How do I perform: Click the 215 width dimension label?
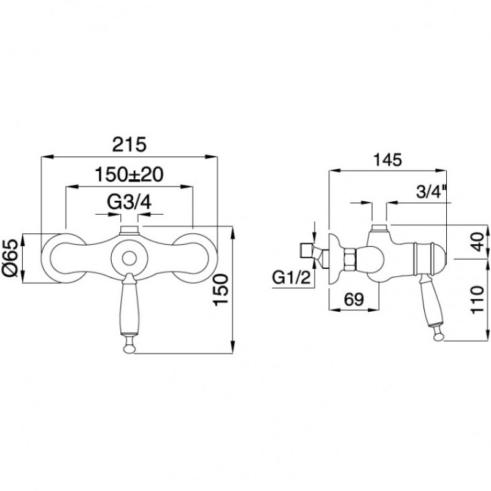click(x=130, y=144)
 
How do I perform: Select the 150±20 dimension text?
click(x=129, y=174)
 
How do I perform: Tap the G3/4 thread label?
click(x=130, y=203)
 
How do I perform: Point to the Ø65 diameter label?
click(x=12, y=258)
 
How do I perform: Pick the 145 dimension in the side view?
click(x=388, y=160)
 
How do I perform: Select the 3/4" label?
click(x=431, y=192)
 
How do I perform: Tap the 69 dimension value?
click(x=354, y=300)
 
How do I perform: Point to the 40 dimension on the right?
click(x=477, y=242)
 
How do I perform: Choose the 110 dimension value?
click(x=477, y=300)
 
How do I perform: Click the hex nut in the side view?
click(x=349, y=258)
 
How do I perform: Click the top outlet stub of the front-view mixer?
click(x=130, y=230)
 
